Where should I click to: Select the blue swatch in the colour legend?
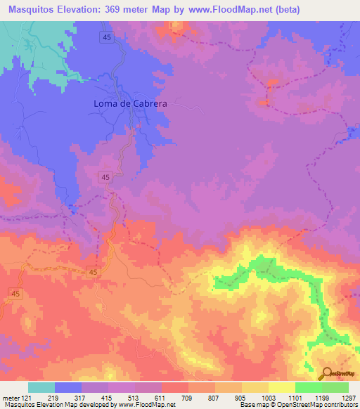pyautogui.click(x=69, y=387)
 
